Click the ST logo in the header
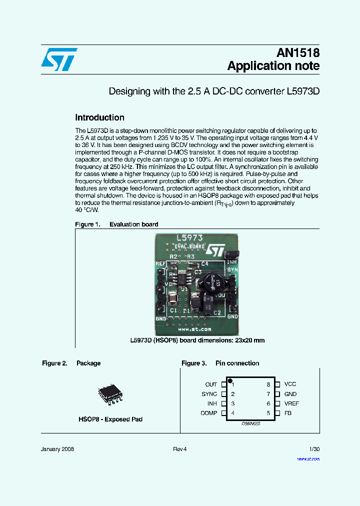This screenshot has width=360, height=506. click(x=59, y=59)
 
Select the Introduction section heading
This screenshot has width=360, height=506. click(x=99, y=118)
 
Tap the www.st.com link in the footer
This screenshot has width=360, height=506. click(x=308, y=458)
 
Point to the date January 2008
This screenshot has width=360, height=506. click(x=57, y=449)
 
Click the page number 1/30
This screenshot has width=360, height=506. click(x=314, y=449)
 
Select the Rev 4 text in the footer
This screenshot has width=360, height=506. click(x=179, y=449)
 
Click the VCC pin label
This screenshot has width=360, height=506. click(x=290, y=384)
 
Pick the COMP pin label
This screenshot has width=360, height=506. click(x=209, y=413)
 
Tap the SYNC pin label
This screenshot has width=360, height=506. click(x=209, y=394)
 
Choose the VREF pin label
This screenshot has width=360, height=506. click(x=291, y=403)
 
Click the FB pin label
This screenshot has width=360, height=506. click(x=287, y=413)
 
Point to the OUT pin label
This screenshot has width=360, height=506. click(x=211, y=384)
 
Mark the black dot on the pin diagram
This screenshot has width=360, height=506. click(x=230, y=381)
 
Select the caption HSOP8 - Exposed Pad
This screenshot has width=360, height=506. click(x=110, y=419)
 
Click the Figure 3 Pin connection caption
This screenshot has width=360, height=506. click(x=220, y=363)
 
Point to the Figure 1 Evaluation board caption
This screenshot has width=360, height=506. click(x=116, y=224)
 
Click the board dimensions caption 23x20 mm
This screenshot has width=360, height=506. click(x=197, y=340)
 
